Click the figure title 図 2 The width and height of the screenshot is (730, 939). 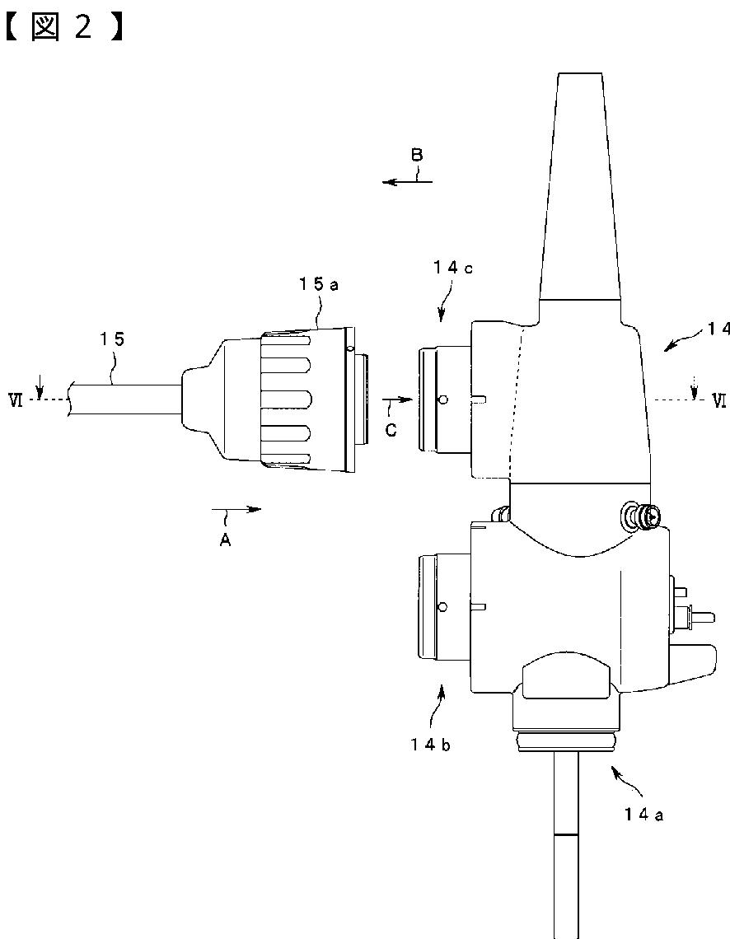(x=63, y=28)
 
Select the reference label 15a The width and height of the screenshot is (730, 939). (x=319, y=284)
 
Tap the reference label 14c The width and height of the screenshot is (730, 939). (x=453, y=269)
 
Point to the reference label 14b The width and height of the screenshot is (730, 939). (x=431, y=745)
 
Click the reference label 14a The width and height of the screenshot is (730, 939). (x=643, y=815)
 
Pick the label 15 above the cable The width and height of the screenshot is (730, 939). (x=113, y=339)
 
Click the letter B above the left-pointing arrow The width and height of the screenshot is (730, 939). (x=417, y=155)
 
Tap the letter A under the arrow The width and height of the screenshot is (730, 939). (x=225, y=540)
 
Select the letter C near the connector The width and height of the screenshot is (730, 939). (x=391, y=430)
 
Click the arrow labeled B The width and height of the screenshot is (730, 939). (x=407, y=181)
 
